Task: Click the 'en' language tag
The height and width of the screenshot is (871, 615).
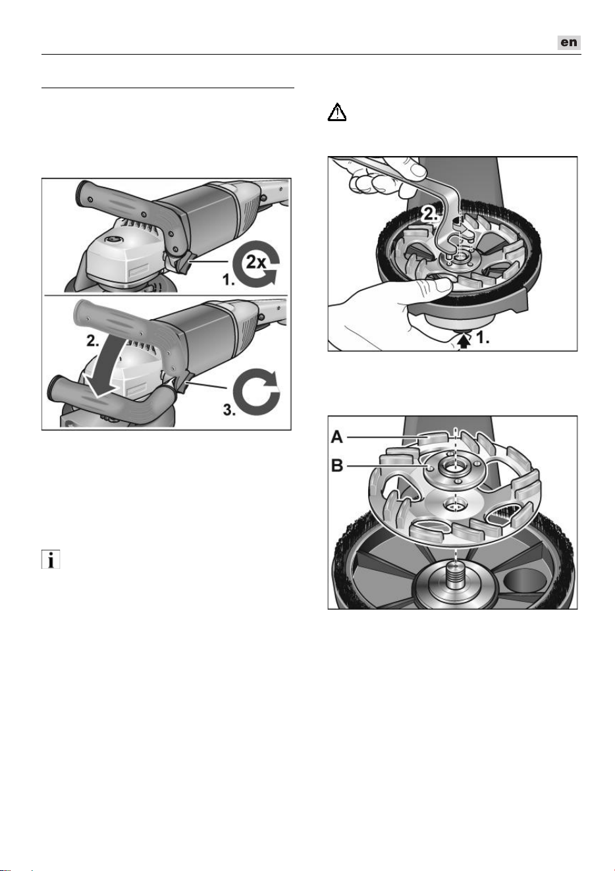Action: pyautogui.click(x=569, y=42)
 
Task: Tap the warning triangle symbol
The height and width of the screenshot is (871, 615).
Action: pyautogui.click(x=337, y=112)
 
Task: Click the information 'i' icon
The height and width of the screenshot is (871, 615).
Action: pyautogui.click(x=51, y=560)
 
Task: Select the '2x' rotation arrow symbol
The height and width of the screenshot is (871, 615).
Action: pyautogui.click(x=256, y=263)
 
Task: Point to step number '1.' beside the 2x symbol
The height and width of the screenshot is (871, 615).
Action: pyautogui.click(x=228, y=280)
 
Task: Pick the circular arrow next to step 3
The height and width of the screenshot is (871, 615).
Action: pyautogui.click(x=257, y=393)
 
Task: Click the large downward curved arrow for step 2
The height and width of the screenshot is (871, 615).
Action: pyautogui.click(x=102, y=367)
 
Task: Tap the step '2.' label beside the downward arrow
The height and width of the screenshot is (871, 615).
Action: pyautogui.click(x=94, y=341)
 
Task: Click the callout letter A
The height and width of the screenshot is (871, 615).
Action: pyautogui.click(x=337, y=437)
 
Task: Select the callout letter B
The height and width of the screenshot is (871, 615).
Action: pyautogui.click(x=337, y=465)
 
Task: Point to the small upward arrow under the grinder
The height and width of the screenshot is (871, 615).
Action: pyautogui.click(x=464, y=342)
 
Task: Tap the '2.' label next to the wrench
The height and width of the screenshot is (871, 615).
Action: pyautogui.click(x=431, y=214)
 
